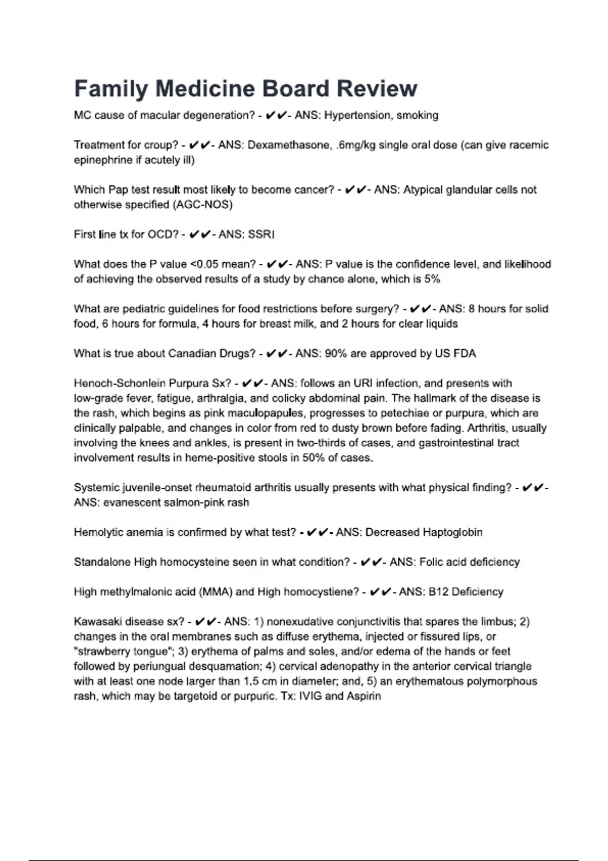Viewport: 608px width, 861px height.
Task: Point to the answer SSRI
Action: click(261, 234)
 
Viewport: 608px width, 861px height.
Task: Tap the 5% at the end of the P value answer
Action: click(432, 279)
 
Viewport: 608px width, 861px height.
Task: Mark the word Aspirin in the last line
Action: click(364, 696)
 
